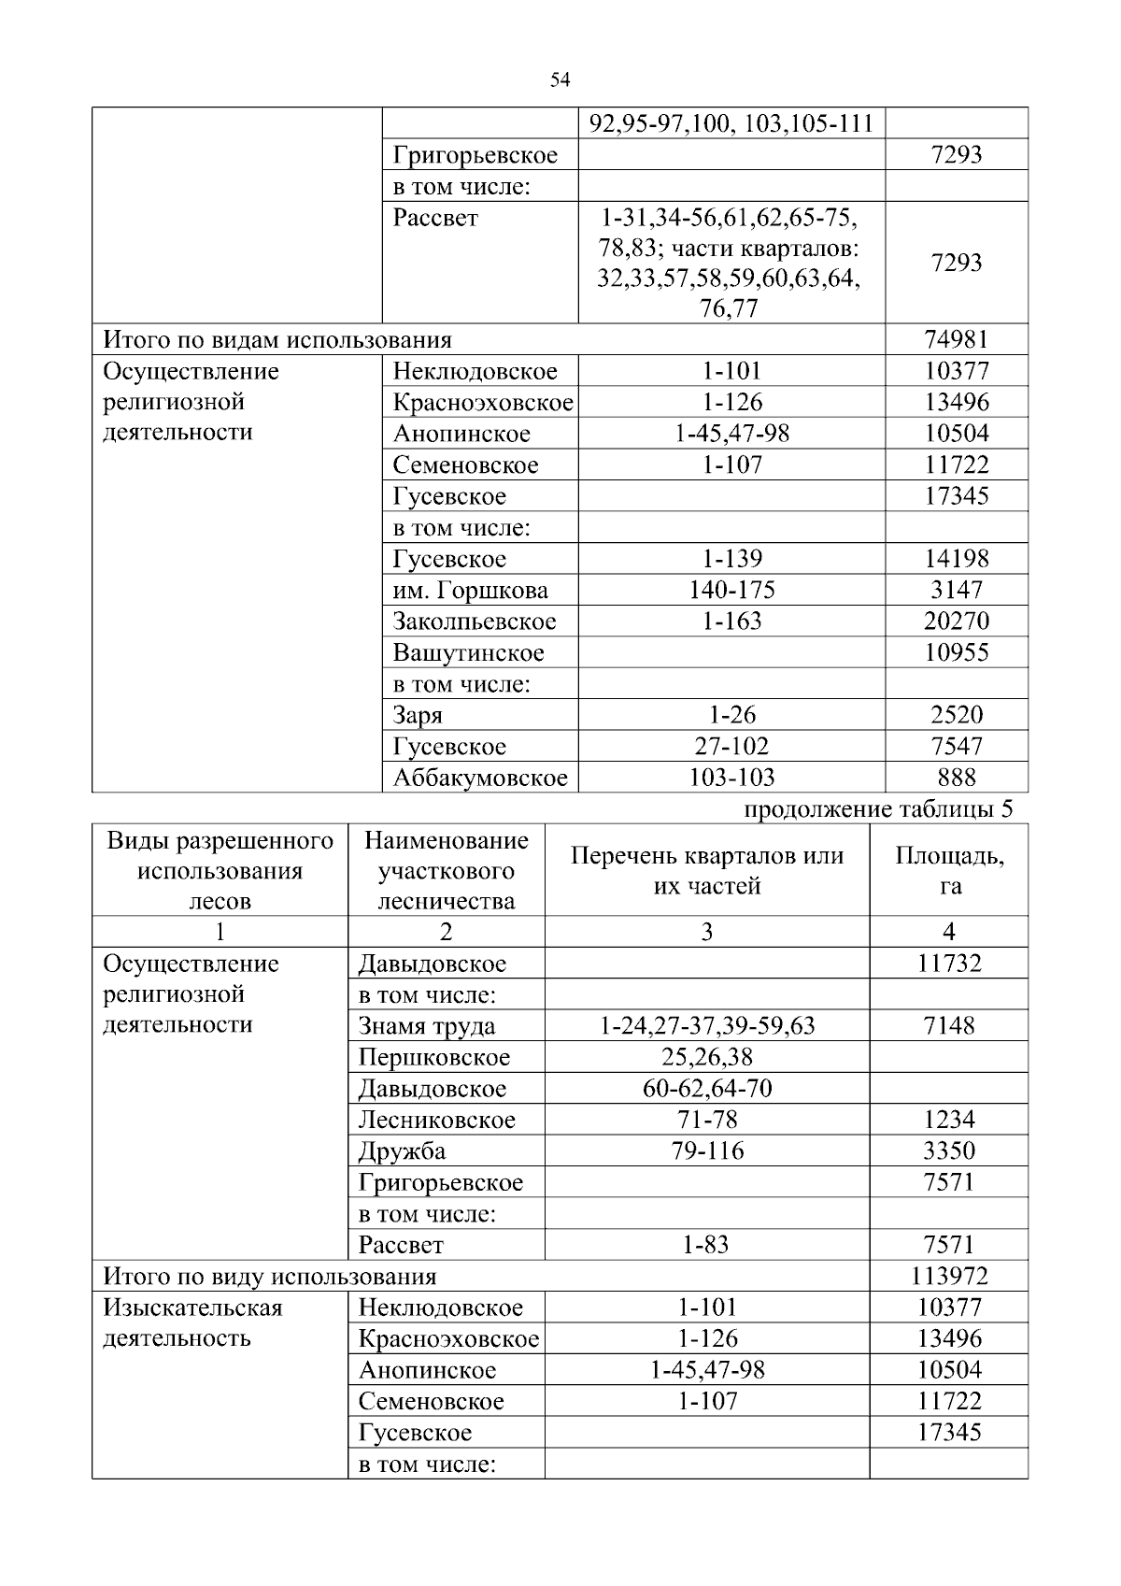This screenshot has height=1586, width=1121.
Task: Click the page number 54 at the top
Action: point(560,80)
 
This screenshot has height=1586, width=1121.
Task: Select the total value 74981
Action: point(956,339)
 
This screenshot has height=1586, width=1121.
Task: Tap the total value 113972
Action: point(949,1276)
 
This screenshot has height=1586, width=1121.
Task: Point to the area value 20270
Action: point(956,622)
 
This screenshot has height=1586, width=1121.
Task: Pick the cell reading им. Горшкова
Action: point(470,591)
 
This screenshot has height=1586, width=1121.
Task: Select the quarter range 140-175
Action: point(731,590)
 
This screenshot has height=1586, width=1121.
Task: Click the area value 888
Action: point(956,778)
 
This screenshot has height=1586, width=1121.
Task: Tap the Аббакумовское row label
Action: point(479,778)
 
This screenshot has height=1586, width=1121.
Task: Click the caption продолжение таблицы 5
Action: point(877,809)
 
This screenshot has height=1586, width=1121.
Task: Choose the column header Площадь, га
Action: point(949,870)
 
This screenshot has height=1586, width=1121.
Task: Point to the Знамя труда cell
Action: point(427,1026)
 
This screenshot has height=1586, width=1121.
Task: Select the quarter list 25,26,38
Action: point(706,1057)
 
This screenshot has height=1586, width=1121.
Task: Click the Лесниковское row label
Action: point(436,1120)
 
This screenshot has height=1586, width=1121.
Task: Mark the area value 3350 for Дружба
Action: point(949,1150)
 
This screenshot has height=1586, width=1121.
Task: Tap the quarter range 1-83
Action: point(706,1245)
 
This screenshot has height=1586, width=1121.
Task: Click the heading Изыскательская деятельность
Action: point(192,1322)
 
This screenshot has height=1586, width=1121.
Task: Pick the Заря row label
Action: point(418,716)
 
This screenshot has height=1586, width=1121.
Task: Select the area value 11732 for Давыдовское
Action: point(949,964)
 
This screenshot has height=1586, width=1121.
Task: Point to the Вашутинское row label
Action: point(468,653)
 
